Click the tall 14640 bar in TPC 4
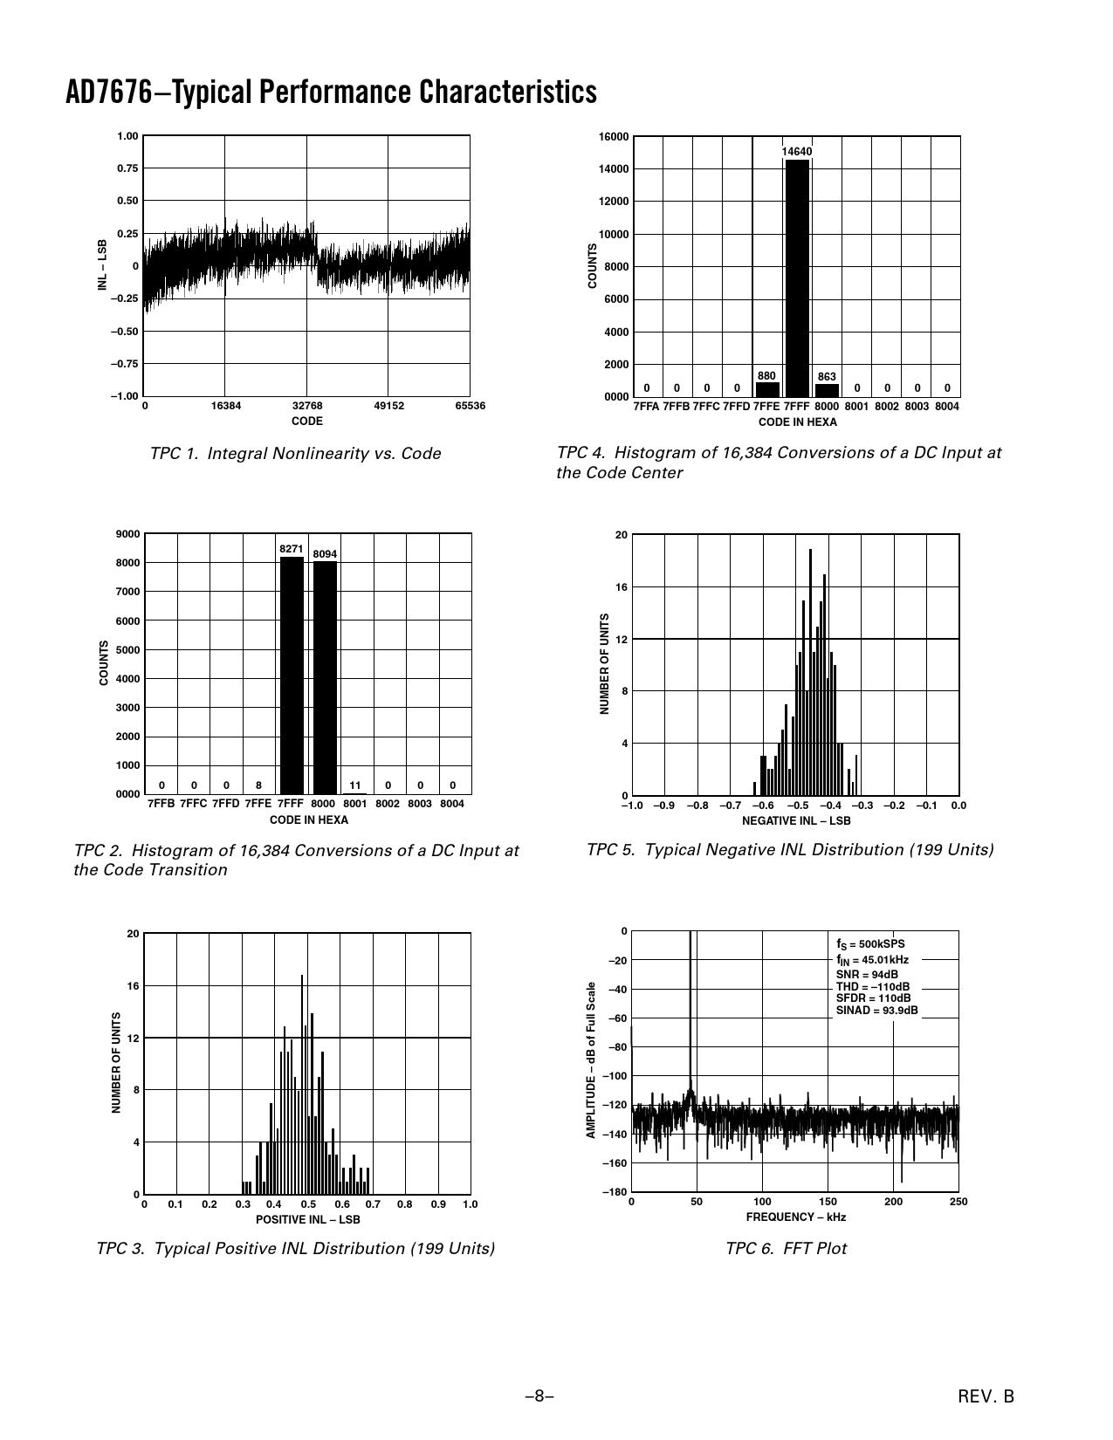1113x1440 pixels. (797, 278)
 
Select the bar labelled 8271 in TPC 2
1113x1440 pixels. (292, 674)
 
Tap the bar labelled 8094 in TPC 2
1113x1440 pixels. (325, 677)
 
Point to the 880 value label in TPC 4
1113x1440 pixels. (767, 375)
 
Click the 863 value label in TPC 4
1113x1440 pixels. (827, 377)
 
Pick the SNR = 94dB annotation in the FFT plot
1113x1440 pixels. (867, 974)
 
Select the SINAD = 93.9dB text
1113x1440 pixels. (876, 1011)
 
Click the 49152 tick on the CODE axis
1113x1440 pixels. (388, 406)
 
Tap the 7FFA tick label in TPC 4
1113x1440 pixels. (647, 407)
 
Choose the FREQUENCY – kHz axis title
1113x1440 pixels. (795, 1217)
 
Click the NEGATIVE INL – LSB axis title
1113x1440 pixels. (795, 820)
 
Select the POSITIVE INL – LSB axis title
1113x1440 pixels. (307, 1219)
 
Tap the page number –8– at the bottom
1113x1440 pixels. (539, 1396)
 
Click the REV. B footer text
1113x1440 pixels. (986, 1396)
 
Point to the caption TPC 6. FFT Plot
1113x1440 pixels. (786, 1249)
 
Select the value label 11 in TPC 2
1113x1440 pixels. (356, 785)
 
